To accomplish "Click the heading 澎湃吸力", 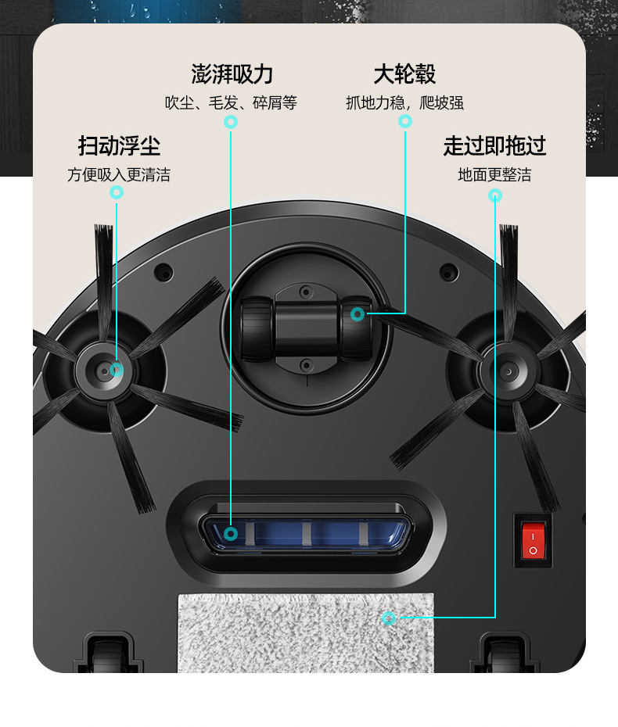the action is click(x=232, y=74).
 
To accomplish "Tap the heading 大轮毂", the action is click(x=404, y=74).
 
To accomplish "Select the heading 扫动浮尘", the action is click(x=119, y=146).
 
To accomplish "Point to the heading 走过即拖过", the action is click(x=494, y=146).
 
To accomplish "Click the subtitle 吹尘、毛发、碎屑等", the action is click(x=231, y=103).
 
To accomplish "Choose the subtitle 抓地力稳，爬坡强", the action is click(x=404, y=103).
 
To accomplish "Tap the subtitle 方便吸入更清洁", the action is click(x=119, y=175).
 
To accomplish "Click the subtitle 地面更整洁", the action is click(x=494, y=175).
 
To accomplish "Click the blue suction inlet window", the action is click(x=306, y=533).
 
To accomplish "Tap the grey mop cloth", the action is click(x=306, y=633).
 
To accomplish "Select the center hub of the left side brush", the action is click(x=103, y=371).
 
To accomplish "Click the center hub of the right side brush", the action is click(x=508, y=372).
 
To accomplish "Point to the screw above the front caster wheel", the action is click(x=306, y=292).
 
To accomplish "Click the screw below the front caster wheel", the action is click(x=306, y=365).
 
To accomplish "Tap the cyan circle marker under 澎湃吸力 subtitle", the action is click(x=231, y=122).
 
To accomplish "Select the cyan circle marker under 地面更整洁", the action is click(x=495, y=195).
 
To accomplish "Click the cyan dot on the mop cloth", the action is click(x=389, y=618).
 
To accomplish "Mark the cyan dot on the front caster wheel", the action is click(x=358, y=314).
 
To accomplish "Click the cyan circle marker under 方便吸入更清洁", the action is click(x=117, y=192).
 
